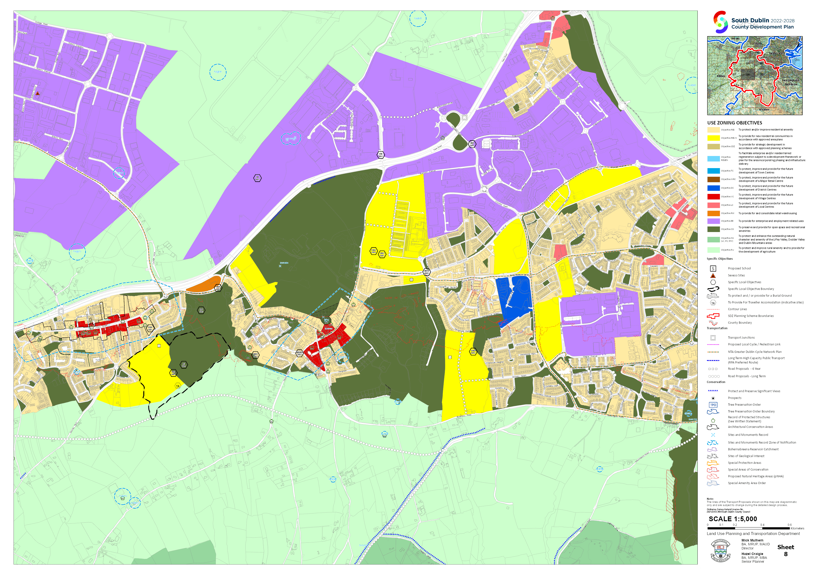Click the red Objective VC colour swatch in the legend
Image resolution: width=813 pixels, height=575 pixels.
714,197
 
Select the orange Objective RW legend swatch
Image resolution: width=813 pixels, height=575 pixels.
714,213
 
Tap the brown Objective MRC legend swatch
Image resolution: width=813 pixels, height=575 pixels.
714,179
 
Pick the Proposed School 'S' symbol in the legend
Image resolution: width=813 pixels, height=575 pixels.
713,269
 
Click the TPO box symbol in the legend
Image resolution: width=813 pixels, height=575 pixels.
713,405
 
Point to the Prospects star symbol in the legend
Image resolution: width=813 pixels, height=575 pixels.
713,398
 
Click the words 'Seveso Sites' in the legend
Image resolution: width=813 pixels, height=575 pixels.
736,275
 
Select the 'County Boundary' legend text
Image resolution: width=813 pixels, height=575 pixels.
740,322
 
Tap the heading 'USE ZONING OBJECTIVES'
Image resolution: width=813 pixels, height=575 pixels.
735,123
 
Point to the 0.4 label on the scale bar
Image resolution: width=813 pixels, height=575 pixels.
762,525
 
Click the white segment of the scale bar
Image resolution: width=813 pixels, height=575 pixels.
749,528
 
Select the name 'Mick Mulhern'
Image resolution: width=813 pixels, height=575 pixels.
752,540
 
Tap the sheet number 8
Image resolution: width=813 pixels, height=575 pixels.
786,554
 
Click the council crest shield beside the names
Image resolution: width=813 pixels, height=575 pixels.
720,551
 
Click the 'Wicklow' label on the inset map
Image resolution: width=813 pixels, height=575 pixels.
764,110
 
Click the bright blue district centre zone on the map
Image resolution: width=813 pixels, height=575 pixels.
513,296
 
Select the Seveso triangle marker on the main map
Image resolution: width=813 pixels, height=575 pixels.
38,94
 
